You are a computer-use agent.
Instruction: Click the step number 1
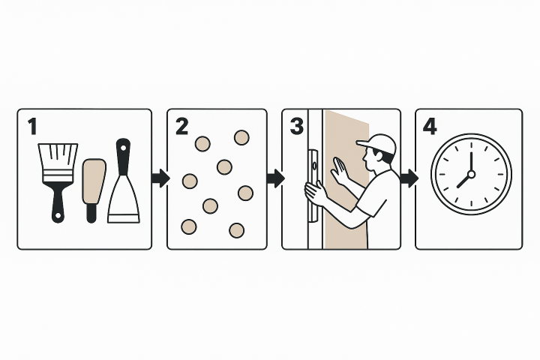tap(32, 127)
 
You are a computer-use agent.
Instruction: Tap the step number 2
tap(181, 127)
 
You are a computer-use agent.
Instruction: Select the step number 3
tap(297, 127)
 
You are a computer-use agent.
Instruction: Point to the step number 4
tap(430, 127)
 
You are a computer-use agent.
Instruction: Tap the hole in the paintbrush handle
tap(58, 216)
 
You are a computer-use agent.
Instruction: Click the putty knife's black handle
tap(123, 157)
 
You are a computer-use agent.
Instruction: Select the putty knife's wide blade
tap(124, 199)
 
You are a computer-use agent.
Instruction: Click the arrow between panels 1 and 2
tap(160, 178)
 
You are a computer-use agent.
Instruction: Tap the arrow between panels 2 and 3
tap(275, 178)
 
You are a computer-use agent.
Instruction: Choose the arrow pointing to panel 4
tap(409, 178)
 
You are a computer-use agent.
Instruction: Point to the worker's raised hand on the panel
tap(339, 169)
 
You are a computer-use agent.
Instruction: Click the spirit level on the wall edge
tap(313, 185)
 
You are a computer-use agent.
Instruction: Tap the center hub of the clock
tap(472, 174)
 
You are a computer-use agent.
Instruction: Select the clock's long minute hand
tap(471, 161)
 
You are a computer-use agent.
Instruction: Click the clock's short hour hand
tap(463, 181)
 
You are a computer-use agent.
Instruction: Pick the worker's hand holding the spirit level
tap(315, 193)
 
